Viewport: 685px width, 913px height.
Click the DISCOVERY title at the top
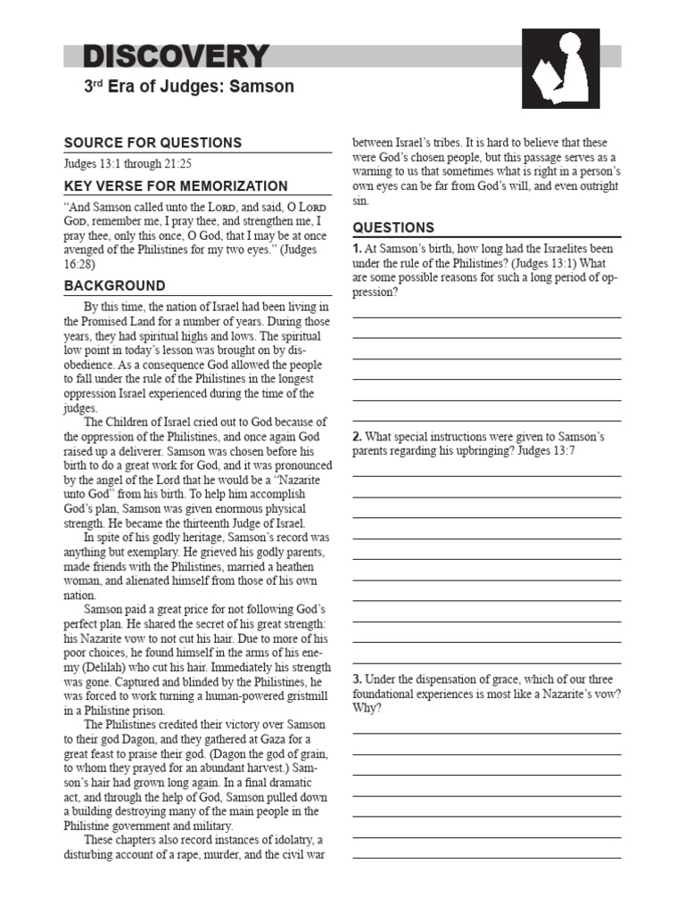(176, 57)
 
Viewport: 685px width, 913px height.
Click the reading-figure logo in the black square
(560, 68)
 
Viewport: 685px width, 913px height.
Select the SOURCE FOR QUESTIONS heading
(153, 143)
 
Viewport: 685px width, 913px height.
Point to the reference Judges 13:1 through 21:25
(128, 164)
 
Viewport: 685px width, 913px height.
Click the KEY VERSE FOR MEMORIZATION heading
(176, 186)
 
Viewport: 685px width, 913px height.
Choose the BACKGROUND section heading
(114, 286)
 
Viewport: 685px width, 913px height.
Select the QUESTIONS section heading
(393, 227)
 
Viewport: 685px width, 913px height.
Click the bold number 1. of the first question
(357, 249)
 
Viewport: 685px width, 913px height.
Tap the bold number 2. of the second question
(357, 437)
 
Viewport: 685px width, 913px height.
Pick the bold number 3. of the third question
(357, 679)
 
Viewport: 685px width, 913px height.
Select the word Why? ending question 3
(367, 707)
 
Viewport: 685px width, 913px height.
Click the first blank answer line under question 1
(487, 317)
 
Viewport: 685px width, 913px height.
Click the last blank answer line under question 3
(487, 858)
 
